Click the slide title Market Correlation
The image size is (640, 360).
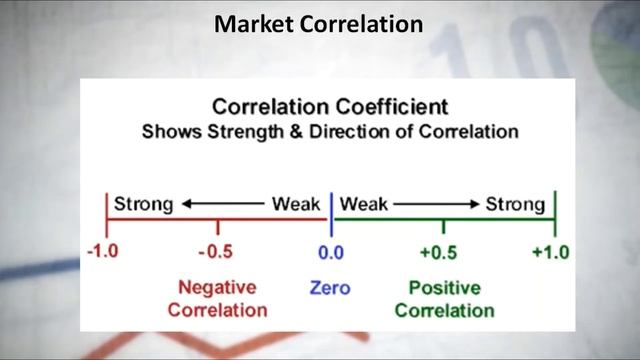point(318,22)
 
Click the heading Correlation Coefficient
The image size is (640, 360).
point(330,106)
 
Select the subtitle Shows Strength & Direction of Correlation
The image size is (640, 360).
point(329,131)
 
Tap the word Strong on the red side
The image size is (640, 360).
point(143,205)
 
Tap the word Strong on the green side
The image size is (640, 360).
point(515,205)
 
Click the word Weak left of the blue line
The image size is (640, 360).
point(297,205)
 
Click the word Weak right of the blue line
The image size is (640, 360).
point(364,205)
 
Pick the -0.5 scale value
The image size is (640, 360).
point(216,251)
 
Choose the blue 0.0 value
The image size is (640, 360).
point(330,251)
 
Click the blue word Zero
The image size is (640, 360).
point(330,288)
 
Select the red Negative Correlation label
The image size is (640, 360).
point(217,298)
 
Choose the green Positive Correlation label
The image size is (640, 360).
point(444,298)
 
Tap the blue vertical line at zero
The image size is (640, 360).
point(330,210)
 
